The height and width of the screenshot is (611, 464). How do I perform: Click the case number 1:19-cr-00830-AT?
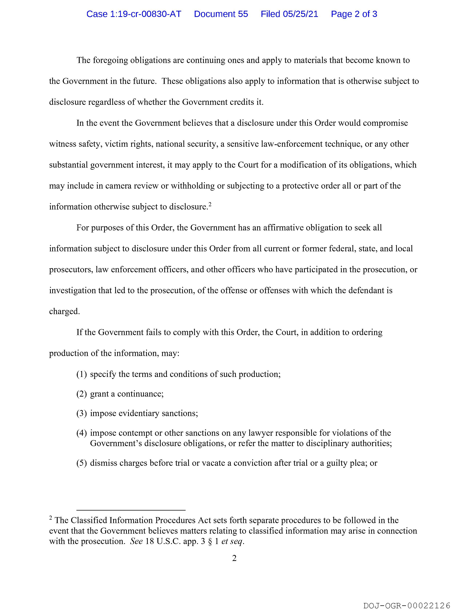(x=146, y=14)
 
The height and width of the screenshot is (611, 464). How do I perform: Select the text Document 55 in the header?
(x=221, y=14)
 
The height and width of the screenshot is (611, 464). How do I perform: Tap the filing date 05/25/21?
(x=300, y=14)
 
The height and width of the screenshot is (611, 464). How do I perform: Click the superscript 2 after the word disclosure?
(x=210, y=204)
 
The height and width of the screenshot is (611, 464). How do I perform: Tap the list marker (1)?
(x=82, y=374)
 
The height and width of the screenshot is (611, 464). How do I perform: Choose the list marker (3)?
(x=82, y=414)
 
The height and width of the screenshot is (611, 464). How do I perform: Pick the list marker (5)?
(x=82, y=463)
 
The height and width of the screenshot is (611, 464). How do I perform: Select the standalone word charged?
(x=64, y=312)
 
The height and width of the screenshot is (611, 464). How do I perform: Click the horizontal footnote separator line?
(x=131, y=510)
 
